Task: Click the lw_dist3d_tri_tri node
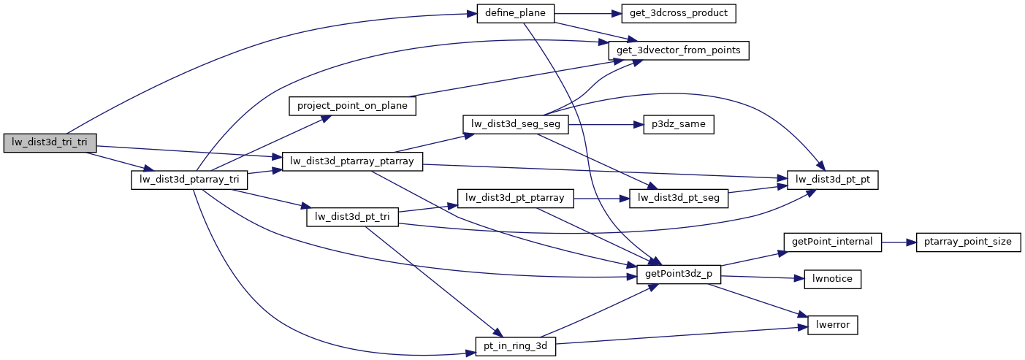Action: pos(50,143)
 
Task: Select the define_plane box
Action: pos(515,13)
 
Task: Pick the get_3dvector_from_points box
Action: pos(679,50)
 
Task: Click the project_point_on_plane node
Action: pos(352,106)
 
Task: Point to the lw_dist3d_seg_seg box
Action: pos(515,124)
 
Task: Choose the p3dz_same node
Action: pos(678,124)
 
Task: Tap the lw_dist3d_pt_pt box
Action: pos(832,180)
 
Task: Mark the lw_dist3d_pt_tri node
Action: pos(352,216)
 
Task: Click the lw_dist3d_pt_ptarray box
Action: pos(515,198)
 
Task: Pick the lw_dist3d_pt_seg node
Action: pos(679,198)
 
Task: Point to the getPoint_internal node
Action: pos(832,241)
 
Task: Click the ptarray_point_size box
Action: pos(968,241)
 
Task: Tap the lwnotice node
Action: pos(832,278)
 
